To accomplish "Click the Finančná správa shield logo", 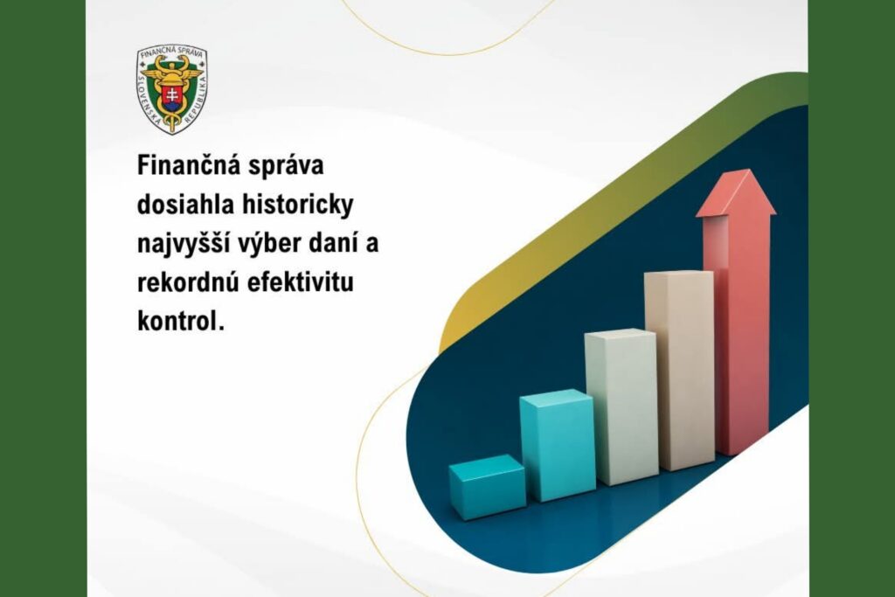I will (x=171, y=88).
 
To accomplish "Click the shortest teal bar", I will (x=487, y=489).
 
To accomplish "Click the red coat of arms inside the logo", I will (x=171, y=95).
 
